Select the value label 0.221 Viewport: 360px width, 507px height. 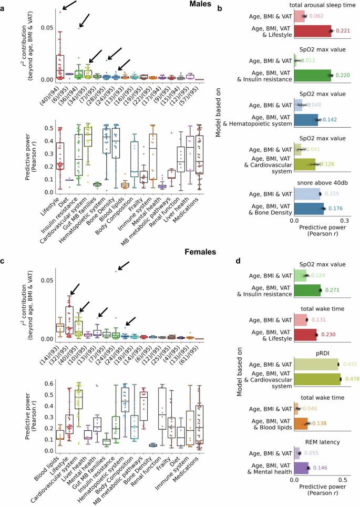point(342,32)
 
